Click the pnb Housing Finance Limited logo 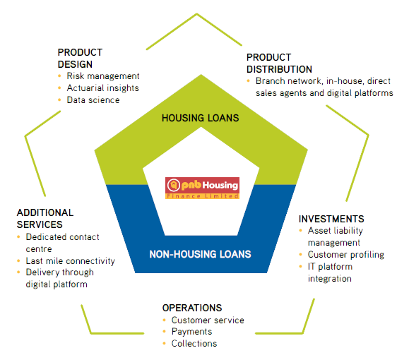(202, 188)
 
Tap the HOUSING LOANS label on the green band (201, 118)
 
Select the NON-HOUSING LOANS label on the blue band (200, 254)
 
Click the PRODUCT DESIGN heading (80, 59)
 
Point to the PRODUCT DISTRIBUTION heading (279, 64)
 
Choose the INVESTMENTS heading (331, 219)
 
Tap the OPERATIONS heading (192, 308)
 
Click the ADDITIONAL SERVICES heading (45, 218)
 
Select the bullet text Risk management (103, 76)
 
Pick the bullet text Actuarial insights (102, 88)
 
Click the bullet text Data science (93, 100)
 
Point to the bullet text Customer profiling (346, 255)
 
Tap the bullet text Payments (191, 332)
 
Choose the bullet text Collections (194, 344)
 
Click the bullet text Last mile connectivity (71, 261)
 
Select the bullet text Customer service (208, 320)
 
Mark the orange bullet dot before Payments (164, 332)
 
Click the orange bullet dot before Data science (59, 100)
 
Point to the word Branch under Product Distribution (270, 81)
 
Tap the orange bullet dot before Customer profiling (300, 254)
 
